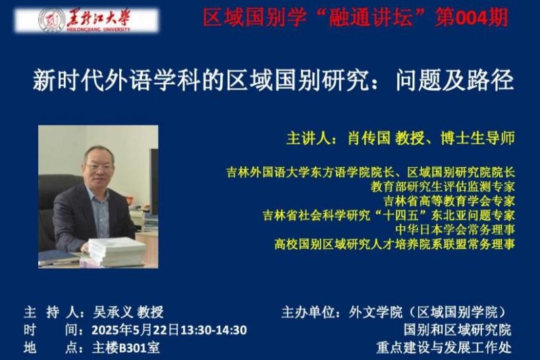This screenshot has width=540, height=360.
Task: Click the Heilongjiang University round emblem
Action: point(51,20)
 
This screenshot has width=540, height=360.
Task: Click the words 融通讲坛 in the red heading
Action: point(371,17)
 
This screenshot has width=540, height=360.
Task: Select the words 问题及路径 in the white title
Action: point(455,80)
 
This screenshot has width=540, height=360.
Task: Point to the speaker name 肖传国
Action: point(369,138)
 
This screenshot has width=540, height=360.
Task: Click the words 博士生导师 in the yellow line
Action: point(477,138)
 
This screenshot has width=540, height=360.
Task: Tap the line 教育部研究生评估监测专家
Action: point(443,186)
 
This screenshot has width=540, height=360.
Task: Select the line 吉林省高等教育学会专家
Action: point(449,201)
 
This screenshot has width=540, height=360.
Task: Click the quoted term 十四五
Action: point(401,215)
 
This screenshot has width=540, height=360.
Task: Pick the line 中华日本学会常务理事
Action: point(455,229)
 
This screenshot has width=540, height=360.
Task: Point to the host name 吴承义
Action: point(113,312)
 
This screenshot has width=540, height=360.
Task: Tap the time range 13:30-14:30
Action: point(213,330)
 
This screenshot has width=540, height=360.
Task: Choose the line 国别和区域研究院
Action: point(458,330)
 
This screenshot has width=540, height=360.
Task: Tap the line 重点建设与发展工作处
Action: point(445,347)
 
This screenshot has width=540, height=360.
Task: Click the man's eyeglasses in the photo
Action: point(99,168)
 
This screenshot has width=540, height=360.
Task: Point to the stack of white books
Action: point(115,251)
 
